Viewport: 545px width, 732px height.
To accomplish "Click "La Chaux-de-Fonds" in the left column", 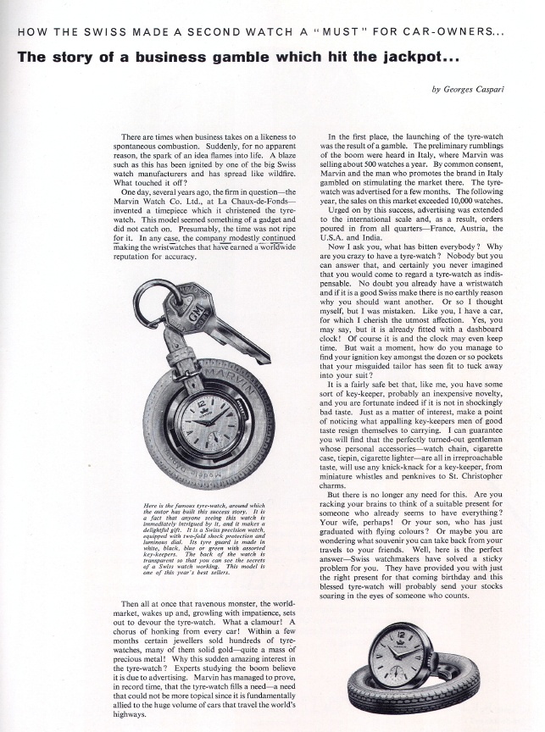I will click(x=259, y=199).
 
